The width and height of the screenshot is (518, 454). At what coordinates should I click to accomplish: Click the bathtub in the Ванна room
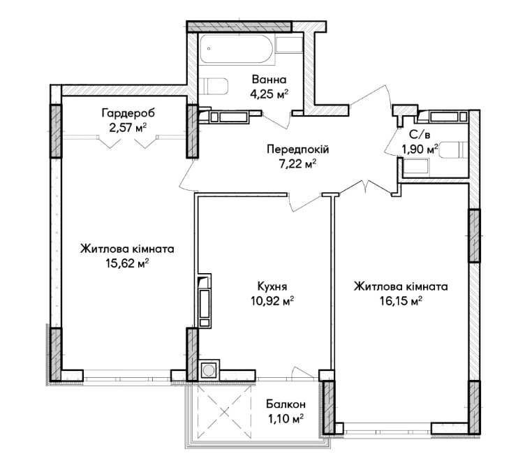(237, 49)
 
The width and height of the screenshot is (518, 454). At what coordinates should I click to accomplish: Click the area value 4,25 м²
(269, 94)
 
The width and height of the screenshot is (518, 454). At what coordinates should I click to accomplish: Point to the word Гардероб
(128, 113)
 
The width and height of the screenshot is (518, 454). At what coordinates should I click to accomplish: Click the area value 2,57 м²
(128, 128)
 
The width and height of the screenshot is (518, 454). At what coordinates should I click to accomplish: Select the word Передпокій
(298, 149)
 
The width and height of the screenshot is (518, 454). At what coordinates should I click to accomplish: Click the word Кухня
(272, 286)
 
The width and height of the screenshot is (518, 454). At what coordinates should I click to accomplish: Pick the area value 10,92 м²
(272, 300)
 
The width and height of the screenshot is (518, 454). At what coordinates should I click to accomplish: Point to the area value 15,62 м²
(128, 263)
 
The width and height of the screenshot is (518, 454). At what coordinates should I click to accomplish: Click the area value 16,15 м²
(401, 301)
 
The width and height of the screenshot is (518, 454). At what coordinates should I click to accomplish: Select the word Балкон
(286, 404)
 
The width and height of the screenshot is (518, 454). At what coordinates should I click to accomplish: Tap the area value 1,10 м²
(286, 419)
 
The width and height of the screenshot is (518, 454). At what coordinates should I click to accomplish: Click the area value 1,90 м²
(420, 149)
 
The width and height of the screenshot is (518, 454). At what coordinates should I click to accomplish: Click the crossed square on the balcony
(225, 411)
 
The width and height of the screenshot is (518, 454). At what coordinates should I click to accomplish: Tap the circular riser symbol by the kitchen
(209, 370)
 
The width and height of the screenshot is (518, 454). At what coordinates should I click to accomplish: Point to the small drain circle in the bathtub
(209, 49)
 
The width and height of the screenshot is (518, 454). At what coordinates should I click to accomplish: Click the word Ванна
(269, 80)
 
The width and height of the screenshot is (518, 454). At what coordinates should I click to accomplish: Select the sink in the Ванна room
(290, 45)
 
